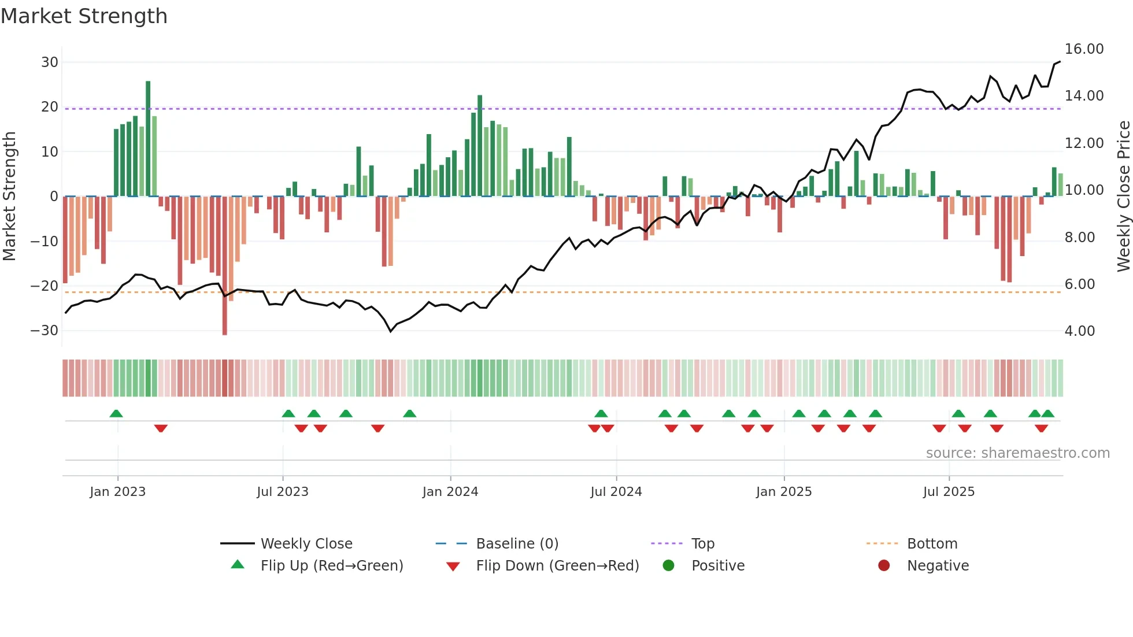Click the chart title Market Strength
coord(84,16)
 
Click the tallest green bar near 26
coord(148,139)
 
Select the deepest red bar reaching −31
coord(224,266)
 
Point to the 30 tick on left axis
coord(50,62)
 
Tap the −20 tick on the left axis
coord(45,286)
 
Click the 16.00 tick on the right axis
coord(1084,49)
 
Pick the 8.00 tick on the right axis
coord(1079,238)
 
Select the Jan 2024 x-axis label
coord(450,492)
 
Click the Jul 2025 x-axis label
coord(949,492)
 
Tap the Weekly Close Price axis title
coord(1123,197)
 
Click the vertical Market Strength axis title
coord(9,197)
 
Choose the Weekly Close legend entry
coord(306,544)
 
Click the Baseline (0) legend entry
coord(517,544)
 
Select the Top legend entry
coord(703,544)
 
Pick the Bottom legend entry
coord(932,544)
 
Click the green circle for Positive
coord(668,566)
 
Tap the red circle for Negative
coord(884,566)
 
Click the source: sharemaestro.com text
coord(1017,453)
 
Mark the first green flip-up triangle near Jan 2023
coord(116,414)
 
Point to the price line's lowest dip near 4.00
coord(391,331)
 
